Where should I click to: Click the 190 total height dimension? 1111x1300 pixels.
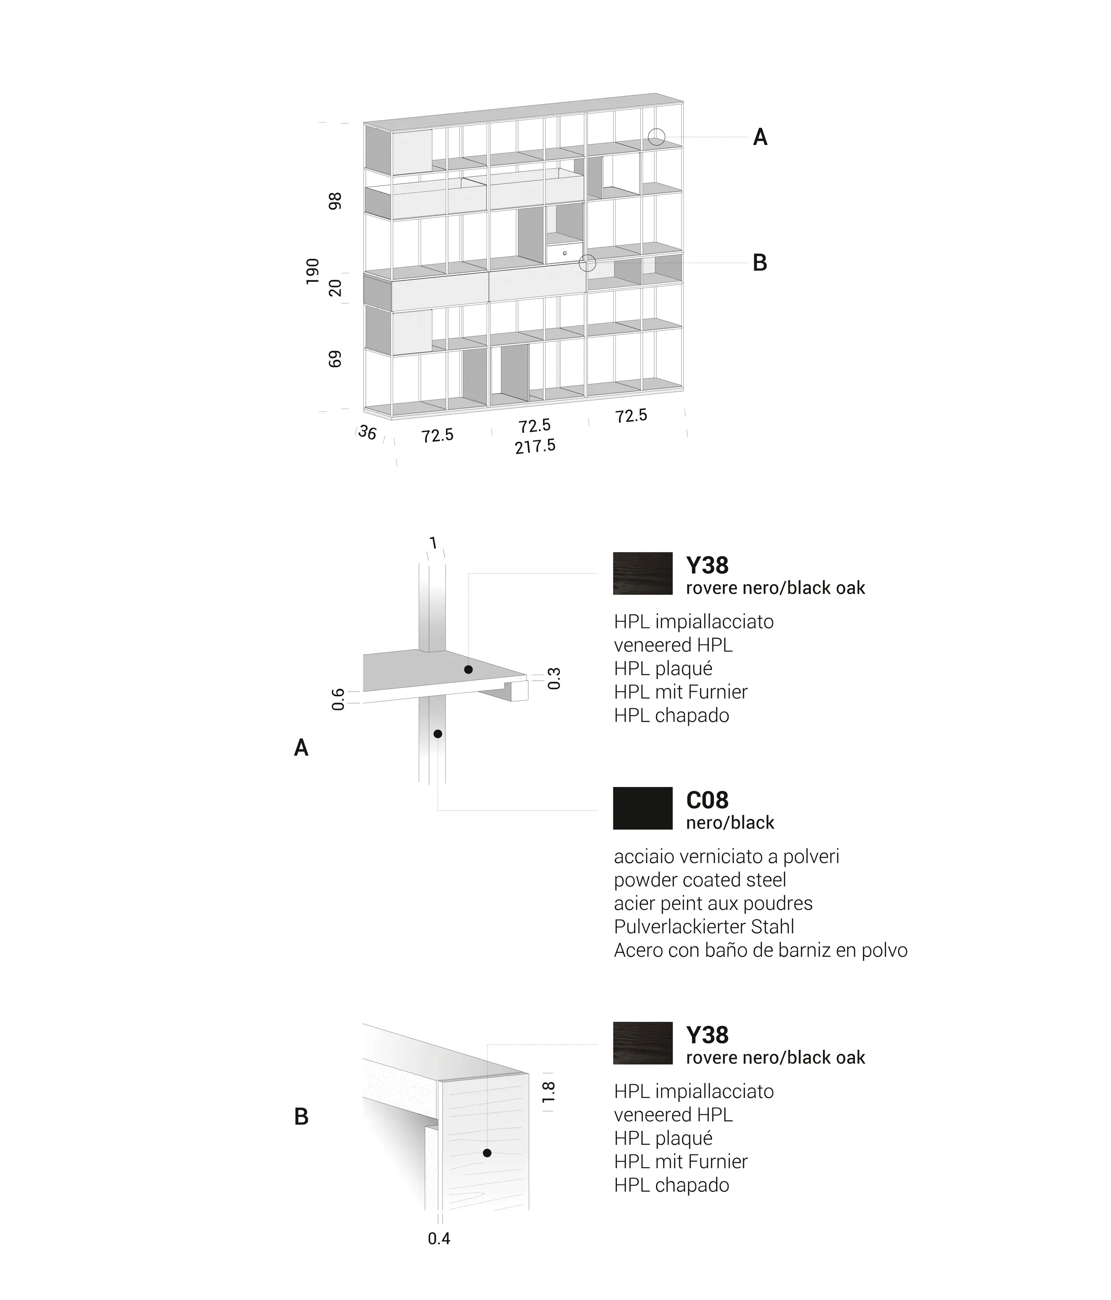[312, 271]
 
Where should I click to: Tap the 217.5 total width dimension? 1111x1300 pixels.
[535, 446]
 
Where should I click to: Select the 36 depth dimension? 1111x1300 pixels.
[367, 433]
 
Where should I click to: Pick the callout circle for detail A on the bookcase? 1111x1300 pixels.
[656, 137]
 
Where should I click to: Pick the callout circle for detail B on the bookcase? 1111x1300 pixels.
[587, 263]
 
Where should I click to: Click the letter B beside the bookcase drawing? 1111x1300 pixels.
[760, 263]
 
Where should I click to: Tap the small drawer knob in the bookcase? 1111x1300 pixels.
[565, 253]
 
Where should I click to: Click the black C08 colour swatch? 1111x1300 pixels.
[643, 808]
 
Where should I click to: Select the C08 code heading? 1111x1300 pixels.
[707, 800]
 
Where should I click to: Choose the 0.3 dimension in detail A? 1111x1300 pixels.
[554, 678]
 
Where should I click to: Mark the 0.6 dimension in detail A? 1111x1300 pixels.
[338, 699]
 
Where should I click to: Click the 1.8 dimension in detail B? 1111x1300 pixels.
[548, 1092]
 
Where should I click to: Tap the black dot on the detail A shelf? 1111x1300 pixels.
[468, 669]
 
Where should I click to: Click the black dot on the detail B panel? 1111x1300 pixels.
[487, 1153]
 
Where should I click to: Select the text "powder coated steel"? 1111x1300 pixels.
[699, 880]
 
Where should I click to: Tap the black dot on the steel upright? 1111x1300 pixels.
[438, 734]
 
